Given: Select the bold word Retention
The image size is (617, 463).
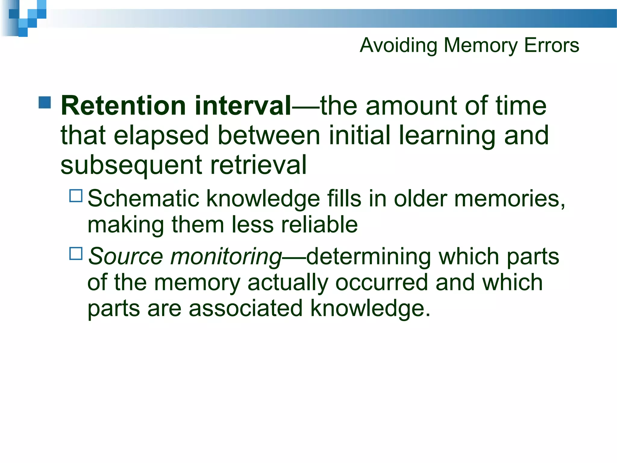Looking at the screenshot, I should tap(123, 106).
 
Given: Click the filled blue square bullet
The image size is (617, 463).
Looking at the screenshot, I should tap(45, 102).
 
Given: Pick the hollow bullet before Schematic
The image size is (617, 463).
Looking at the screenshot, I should tap(76, 196).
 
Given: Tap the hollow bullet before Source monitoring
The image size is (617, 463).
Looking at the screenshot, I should tap(76, 254).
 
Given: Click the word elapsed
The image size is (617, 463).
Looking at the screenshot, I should tap(161, 135).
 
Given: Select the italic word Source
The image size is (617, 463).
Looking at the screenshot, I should tap(125, 257).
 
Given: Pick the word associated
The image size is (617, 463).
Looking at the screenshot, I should tap(246, 308).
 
